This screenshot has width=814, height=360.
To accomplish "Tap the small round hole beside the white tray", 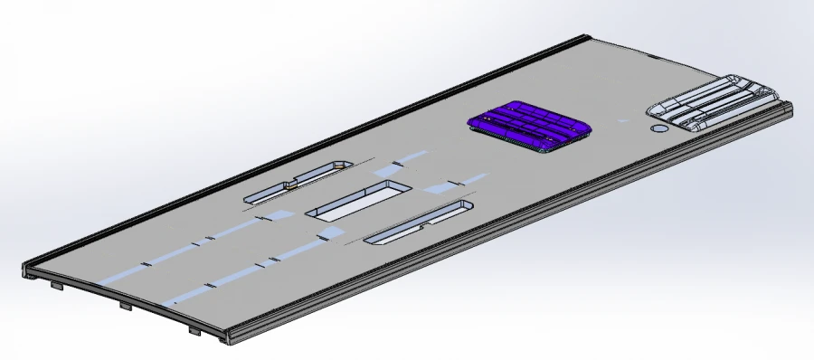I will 658,129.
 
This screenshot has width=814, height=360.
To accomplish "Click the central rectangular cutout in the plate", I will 359,199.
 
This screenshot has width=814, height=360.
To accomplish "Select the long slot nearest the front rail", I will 419,223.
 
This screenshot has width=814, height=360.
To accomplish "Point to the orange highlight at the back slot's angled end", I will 341,162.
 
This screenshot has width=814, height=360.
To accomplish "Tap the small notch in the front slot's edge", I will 425,223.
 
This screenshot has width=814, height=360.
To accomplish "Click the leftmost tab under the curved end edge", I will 56,285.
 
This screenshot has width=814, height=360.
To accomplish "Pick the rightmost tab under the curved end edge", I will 194,328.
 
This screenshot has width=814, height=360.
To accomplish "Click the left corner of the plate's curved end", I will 24,269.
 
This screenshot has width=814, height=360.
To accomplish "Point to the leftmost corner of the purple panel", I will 468,123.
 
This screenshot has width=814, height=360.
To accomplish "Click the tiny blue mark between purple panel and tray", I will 620,120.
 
